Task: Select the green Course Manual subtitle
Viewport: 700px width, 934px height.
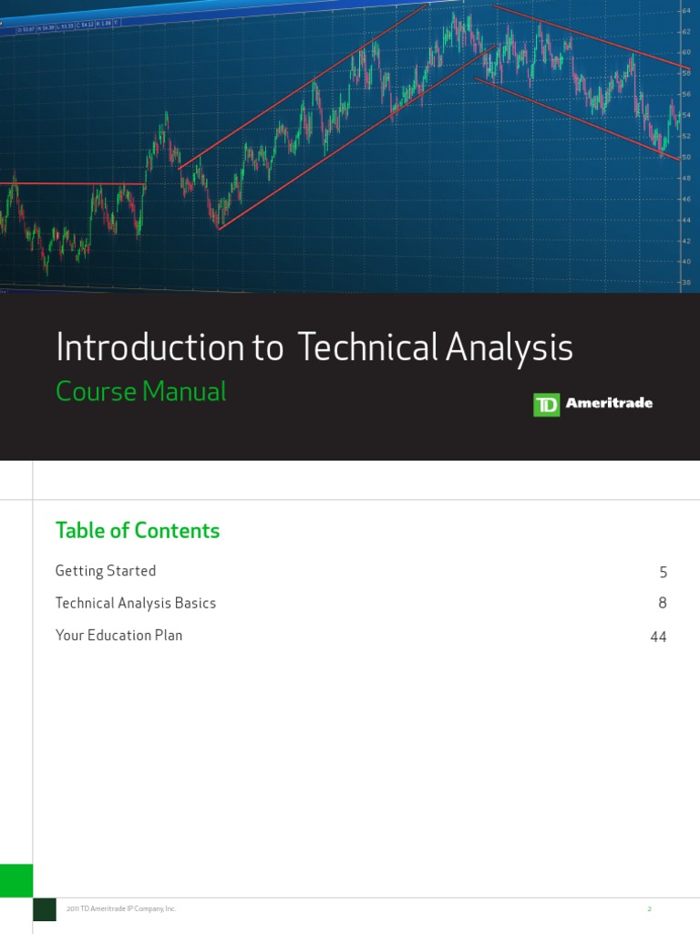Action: click(x=140, y=392)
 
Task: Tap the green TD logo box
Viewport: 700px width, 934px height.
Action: click(x=546, y=405)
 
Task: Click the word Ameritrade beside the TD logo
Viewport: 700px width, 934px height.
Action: click(x=609, y=404)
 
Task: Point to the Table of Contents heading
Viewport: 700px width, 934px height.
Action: click(x=138, y=531)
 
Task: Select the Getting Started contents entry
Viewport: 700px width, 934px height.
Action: click(x=106, y=571)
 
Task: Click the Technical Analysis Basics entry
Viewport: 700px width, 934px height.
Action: click(x=136, y=603)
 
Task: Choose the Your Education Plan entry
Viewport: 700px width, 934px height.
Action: click(x=118, y=635)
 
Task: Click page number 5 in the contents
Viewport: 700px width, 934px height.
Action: click(x=663, y=573)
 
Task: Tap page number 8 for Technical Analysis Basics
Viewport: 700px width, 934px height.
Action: click(x=663, y=604)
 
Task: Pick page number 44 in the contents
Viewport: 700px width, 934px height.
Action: click(x=658, y=637)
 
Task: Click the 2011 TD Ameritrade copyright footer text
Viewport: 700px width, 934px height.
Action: click(x=121, y=909)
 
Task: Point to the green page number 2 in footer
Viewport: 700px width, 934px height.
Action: click(x=649, y=909)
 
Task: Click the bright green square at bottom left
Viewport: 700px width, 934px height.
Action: click(x=16, y=880)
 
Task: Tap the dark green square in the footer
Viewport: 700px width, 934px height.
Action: click(x=45, y=909)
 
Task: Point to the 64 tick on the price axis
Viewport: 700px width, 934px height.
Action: click(x=685, y=11)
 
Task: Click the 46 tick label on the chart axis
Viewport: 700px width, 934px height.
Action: click(x=685, y=199)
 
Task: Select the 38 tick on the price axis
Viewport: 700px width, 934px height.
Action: click(x=685, y=283)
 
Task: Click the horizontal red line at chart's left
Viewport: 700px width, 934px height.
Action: click(x=73, y=184)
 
